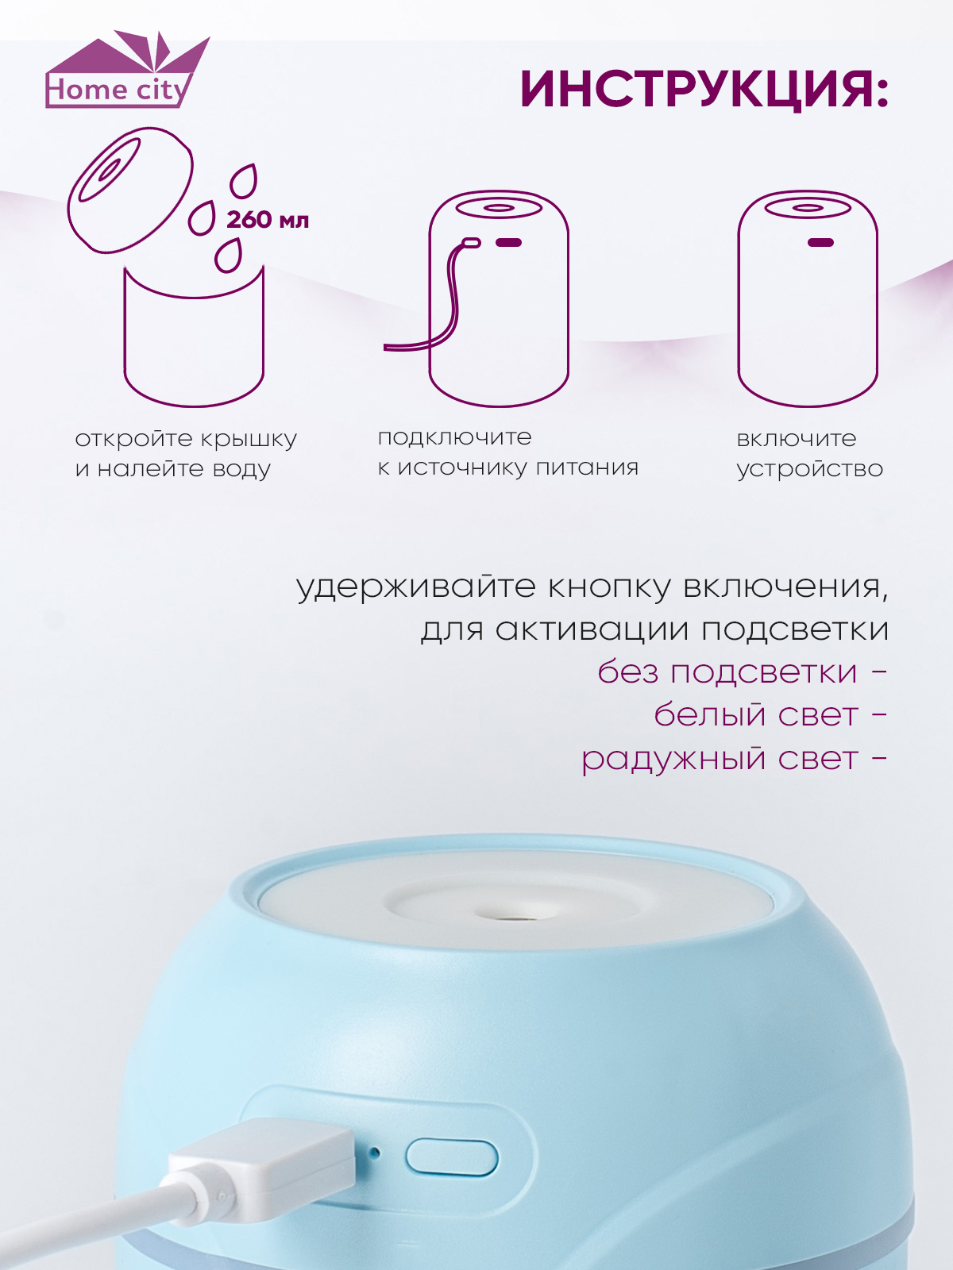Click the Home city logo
pos(127,69)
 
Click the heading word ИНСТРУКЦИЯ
pos(696,90)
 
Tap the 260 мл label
pos(268,220)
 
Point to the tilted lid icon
pos(130,190)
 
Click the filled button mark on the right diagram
pos(820,242)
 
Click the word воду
pos(241,469)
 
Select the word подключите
pos(454,438)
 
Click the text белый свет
pos(756,715)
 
